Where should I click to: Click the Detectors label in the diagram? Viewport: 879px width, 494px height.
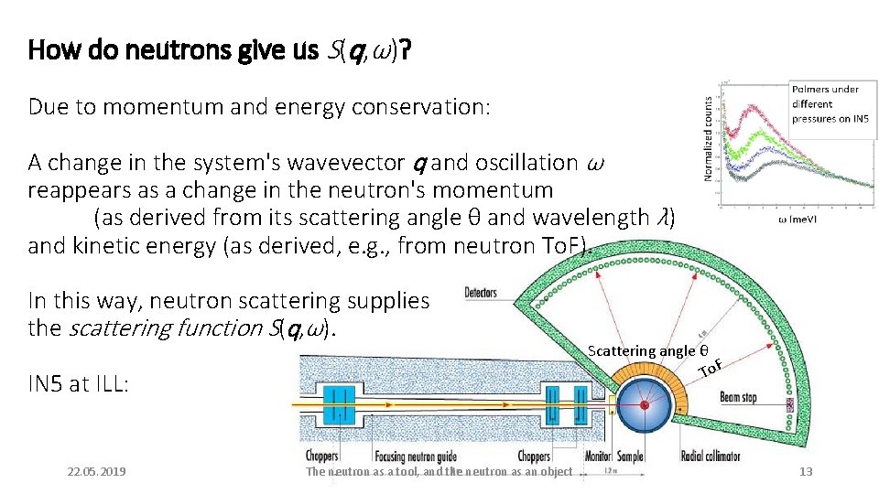(481, 293)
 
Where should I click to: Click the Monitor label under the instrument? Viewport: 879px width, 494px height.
(597, 456)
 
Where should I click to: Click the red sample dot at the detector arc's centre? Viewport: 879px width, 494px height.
(644, 404)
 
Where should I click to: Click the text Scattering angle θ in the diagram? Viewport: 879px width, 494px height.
(647, 351)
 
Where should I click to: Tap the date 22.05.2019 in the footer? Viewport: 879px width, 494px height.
(97, 471)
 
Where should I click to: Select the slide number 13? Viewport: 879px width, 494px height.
(806, 471)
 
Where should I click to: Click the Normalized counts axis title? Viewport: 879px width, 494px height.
(709, 139)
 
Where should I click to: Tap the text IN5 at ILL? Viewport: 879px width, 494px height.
(78, 383)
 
